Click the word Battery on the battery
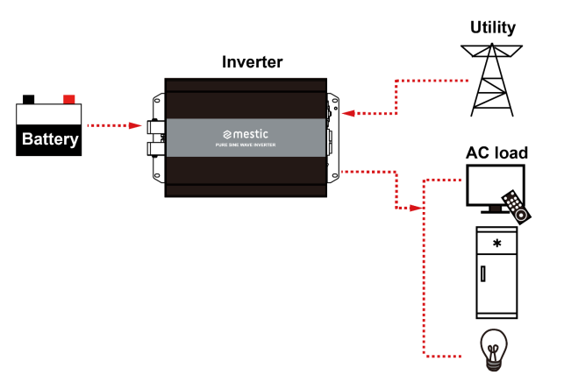(x=50, y=139)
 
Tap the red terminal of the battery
(x=69, y=99)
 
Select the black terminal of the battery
(x=29, y=99)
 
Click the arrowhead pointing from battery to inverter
(x=136, y=125)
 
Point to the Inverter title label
(x=252, y=62)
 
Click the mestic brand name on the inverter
(x=246, y=134)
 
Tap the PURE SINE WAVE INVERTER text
(x=246, y=145)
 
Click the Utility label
(x=493, y=27)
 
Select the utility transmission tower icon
(x=492, y=80)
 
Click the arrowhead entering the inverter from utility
(x=348, y=114)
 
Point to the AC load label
(x=496, y=152)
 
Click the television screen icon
(x=496, y=185)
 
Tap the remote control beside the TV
(x=517, y=208)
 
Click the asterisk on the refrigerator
(x=497, y=244)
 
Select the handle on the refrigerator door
(x=483, y=273)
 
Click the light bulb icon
(x=494, y=350)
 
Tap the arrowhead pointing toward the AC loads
(x=417, y=208)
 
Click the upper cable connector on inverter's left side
(x=155, y=127)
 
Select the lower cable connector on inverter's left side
(x=155, y=149)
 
